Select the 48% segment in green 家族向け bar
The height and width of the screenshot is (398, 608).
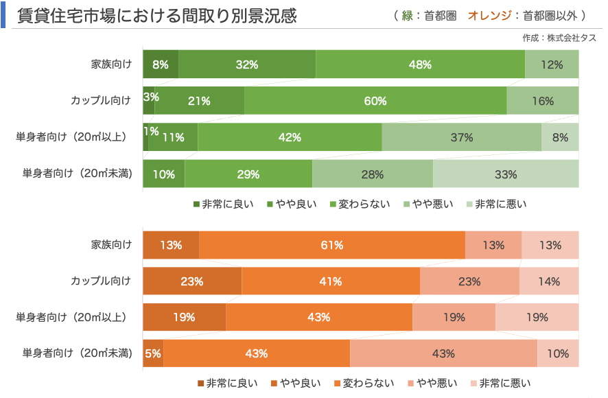pyautogui.click(x=420, y=65)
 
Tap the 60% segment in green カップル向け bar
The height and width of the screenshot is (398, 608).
pyautogui.click(x=375, y=101)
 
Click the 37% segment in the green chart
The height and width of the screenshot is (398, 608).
pyautogui.click(x=461, y=137)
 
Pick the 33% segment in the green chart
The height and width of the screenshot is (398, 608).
pyautogui.click(x=505, y=174)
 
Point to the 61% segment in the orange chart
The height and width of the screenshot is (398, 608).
pyautogui.click(x=332, y=245)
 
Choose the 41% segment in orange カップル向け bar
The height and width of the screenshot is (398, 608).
pyautogui.click(x=330, y=281)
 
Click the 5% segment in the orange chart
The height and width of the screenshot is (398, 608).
pyautogui.click(x=152, y=353)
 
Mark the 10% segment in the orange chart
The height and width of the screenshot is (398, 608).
pyautogui.click(x=557, y=353)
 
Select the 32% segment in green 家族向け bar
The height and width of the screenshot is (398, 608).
pyautogui.click(x=246, y=65)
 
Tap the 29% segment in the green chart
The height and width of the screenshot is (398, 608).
pyautogui.click(x=248, y=174)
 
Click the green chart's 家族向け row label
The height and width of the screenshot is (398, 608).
pyautogui.click(x=111, y=65)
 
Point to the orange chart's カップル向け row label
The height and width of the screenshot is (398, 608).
pyautogui.click(x=101, y=281)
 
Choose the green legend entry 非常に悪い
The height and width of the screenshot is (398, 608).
pyautogui.click(x=500, y=204)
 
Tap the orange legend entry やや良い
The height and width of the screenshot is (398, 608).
pyautogui.click(x=296, y=383)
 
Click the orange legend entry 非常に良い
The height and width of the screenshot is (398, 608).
pyautogui.click(x=229, y=383)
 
